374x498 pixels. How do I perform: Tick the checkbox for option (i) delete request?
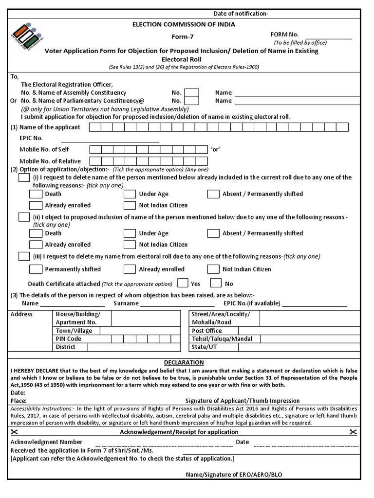click(x=24, y=178)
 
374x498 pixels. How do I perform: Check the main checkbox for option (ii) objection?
click(x=24, y=217)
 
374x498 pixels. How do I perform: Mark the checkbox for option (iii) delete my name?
click(x=24, y=256)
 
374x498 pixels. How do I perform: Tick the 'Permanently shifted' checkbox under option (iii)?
click(x=36, y=269)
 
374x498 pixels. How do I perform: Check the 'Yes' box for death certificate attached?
click(x=183, y=283)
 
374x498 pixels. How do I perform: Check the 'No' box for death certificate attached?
click(x=216, y=283)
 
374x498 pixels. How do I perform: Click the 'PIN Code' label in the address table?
click(x=69, y=339)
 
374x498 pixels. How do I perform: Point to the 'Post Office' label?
click(x=206, y=331)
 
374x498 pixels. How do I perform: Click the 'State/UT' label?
click(x=205, y=347)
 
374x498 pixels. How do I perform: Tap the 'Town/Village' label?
click(x=74, y=331)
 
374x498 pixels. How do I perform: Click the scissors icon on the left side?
click(x=15, y=432)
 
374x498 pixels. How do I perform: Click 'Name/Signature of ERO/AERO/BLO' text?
click(x=233, y=475)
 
